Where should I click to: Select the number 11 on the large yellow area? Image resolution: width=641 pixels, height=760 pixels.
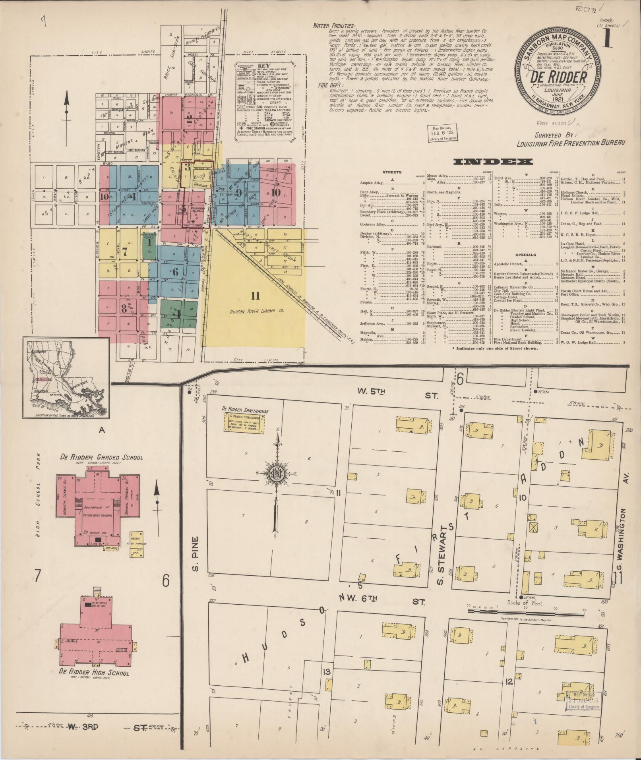(x=255, y=296)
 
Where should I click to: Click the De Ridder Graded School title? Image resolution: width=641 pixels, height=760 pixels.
(x=102, y=457)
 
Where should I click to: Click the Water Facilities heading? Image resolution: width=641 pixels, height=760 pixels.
(x=334, y=26)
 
